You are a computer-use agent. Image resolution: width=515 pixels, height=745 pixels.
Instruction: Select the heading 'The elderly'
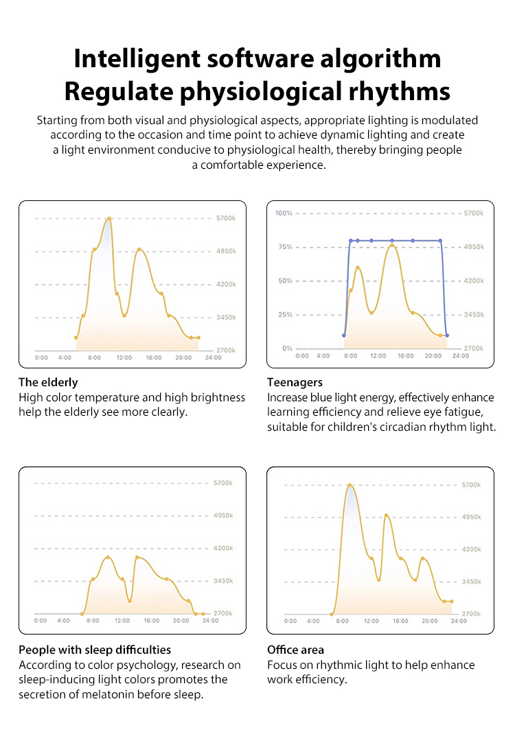click(48, 382)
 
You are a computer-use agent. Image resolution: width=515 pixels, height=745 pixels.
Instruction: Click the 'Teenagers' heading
click(295, 382)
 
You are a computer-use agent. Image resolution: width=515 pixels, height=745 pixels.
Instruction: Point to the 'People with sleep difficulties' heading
click(95, 650)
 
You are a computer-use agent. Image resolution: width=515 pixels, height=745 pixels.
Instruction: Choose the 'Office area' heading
click(295, 650)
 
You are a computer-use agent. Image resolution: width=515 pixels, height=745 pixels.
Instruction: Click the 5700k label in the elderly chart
click(227, 219)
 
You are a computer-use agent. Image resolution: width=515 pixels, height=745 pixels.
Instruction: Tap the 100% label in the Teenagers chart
click(284, 213)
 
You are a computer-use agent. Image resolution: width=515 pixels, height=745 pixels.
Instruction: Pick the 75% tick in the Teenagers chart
click(285, 247)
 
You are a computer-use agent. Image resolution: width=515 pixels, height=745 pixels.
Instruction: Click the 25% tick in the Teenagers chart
click(285, 315)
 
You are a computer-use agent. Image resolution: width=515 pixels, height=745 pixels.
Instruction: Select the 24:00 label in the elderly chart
click(213, 357)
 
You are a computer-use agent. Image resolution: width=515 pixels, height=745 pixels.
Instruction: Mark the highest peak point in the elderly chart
click(109, 219)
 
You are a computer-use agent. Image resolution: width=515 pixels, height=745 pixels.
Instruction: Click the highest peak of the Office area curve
click(350, 486)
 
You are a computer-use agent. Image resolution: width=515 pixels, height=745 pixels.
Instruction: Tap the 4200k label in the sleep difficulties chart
click(223, 549)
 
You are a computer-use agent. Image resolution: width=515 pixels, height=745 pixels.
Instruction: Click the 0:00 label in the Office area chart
click(290, 621)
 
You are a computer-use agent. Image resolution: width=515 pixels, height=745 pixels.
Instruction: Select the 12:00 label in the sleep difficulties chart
click(122, 621)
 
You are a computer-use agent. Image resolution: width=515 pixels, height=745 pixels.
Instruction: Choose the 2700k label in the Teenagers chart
click(474, 348)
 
